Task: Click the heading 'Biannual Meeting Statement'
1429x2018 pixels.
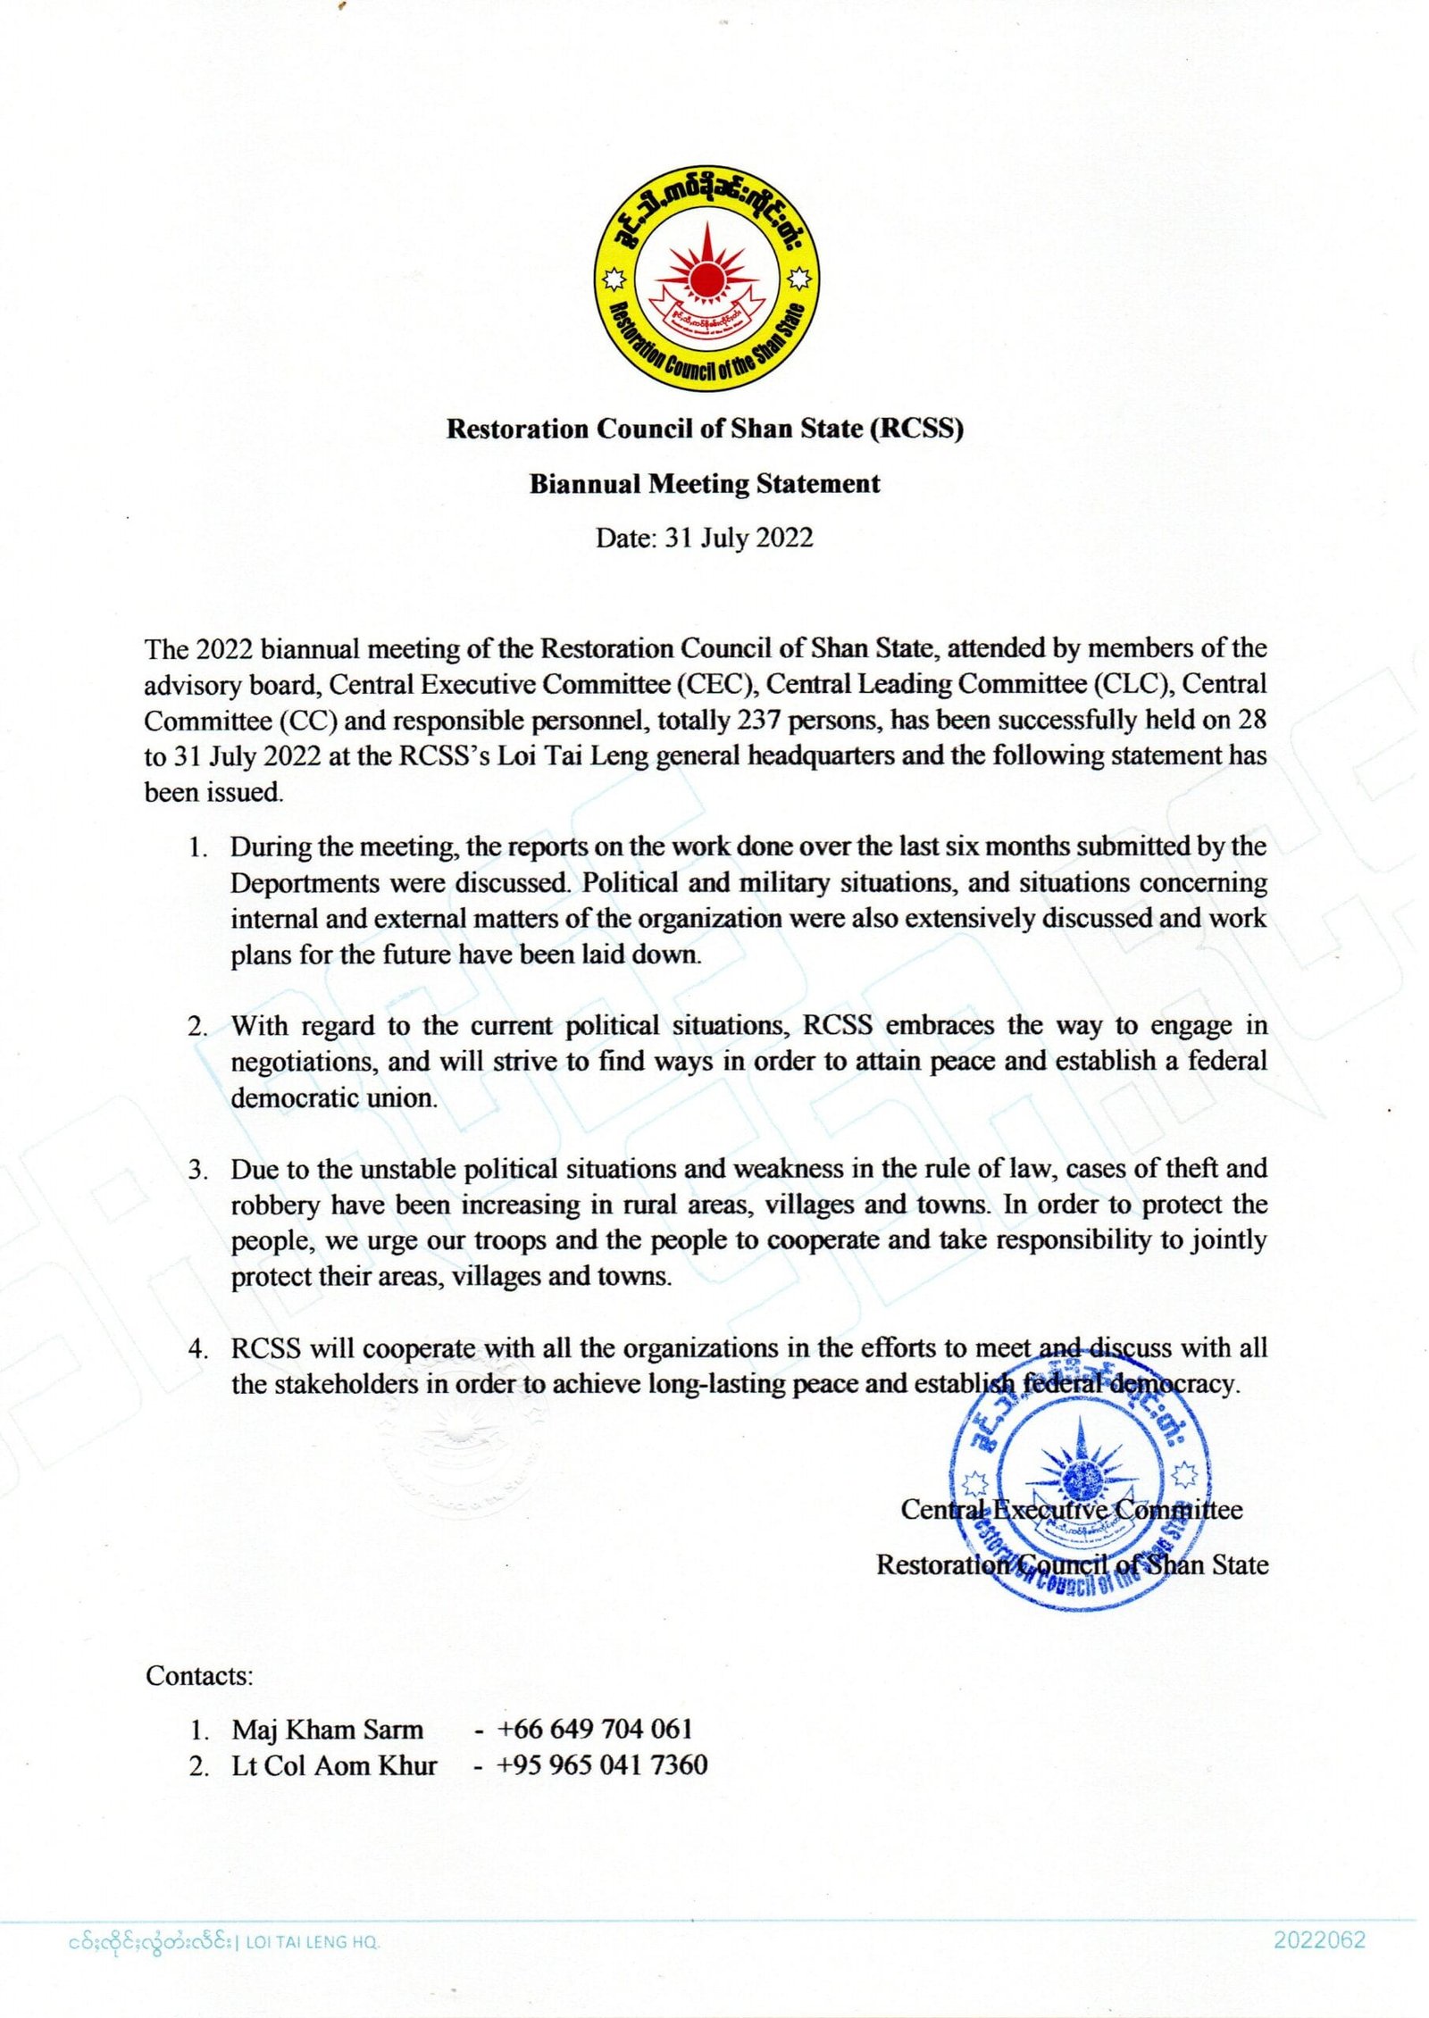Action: (x=705, y=484)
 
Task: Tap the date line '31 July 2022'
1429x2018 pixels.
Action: (x=739, y=538)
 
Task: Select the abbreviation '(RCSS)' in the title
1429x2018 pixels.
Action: (x=917, y=429)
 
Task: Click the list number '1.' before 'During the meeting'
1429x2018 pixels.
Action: (x=198, y=847)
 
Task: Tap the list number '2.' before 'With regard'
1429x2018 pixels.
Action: (x=198, y=1027)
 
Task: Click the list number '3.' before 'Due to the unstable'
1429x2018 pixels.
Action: (x=198, y=1170)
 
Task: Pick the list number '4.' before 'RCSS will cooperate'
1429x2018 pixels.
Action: (x=198, y=1349)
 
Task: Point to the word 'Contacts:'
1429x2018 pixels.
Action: (x=200, y=1676)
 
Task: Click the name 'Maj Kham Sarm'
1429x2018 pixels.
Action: (x=328, y=1730)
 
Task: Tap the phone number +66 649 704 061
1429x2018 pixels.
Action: (x=595, y=1730)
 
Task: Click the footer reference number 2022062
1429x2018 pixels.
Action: (x=1319, y=1940)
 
